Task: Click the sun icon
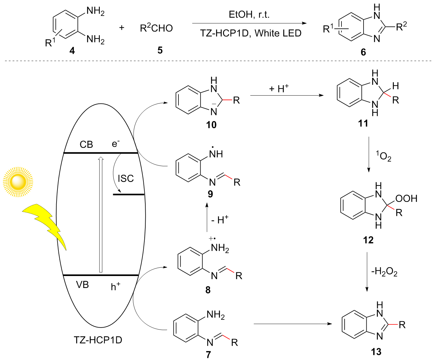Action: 18,182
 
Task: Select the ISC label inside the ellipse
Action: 126,179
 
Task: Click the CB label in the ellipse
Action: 86,145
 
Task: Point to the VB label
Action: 82,285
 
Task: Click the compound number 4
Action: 72,51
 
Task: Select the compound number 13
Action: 376,352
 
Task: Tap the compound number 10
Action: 211,125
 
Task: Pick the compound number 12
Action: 368,240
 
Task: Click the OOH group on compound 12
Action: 406,198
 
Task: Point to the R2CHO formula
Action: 156,28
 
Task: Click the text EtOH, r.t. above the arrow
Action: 249,15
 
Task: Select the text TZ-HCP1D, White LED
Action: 251,33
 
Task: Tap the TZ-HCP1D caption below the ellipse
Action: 98,340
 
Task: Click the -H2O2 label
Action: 384,272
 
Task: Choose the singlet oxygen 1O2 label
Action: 383,156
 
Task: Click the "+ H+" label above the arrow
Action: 279,88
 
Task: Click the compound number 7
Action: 208,355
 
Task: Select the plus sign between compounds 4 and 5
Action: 122,28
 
